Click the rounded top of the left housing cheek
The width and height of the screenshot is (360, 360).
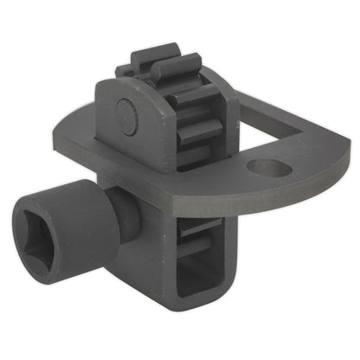click(121, 85)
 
